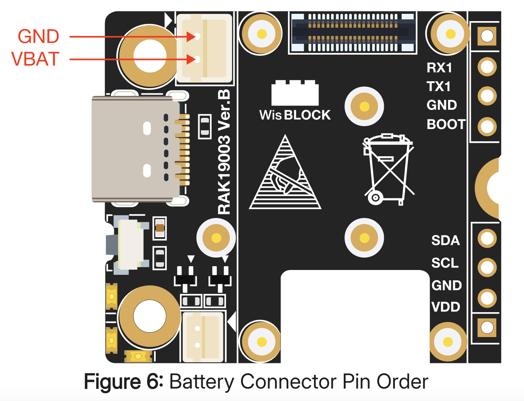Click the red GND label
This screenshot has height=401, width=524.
38,37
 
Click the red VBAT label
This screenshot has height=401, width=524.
36,59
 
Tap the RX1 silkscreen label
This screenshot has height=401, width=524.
439,68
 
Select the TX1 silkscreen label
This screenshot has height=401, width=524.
438,86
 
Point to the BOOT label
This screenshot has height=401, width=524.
446,124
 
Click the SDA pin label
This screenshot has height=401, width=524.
445,240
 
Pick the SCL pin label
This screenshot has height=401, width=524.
445,263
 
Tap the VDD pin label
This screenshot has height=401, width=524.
446,307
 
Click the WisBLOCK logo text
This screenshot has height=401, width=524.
295,115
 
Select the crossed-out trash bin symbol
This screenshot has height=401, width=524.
388,169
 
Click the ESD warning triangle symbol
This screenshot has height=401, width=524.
285,175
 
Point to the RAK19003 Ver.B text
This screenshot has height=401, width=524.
224,152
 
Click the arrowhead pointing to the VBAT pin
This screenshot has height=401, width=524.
191,59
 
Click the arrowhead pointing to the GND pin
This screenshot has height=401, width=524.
191,36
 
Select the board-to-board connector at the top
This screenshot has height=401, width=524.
353,32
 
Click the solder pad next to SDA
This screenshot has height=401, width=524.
487,238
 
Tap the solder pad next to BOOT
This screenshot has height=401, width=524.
487,127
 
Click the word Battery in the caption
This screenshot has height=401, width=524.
202,382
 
